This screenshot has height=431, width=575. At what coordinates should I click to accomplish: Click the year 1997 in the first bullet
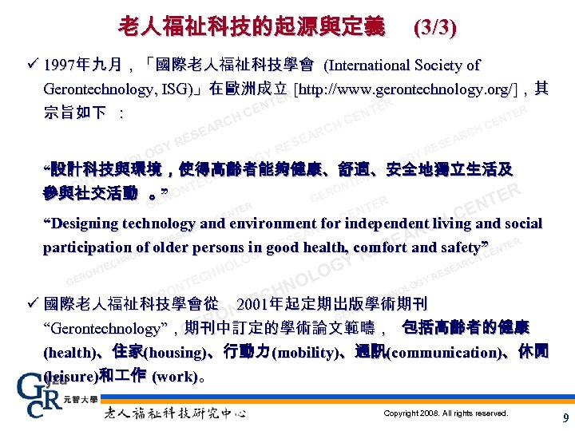click(x=60, y=65)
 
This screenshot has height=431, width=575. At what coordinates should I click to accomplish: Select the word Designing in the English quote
click(x=85, y=223)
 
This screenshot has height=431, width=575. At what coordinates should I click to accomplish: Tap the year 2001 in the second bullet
click(x=253, y=304)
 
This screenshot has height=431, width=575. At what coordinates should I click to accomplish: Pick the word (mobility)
click(x=299, y=353)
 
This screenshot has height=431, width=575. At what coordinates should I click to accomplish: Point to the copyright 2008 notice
click(x=446, y=413)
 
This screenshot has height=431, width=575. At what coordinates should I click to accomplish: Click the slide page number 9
click(x=565, y=417)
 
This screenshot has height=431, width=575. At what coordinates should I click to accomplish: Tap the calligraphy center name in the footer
click(x=175, y=414)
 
